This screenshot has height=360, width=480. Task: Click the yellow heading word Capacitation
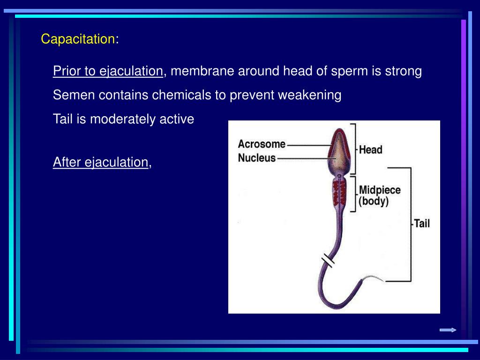[x=78, y=39]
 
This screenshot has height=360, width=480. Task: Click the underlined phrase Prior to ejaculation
[x=108, y=71]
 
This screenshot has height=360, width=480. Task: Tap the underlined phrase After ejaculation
[x=101, y=162]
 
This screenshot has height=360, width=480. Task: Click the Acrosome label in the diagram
[x=262, y=144]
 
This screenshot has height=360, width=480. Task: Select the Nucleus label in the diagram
[x=257, y=158]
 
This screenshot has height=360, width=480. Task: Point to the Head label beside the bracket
[x=370, y=150]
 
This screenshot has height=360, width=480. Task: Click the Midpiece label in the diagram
[x=380, y=190]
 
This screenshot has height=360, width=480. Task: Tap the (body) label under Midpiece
[x=374, y=201]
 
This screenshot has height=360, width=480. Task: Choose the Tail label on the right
[x=422, y=224]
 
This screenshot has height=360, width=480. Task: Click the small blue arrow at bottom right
[x=448, y=330]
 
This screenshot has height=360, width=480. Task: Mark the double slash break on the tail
[x=328, y=261]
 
